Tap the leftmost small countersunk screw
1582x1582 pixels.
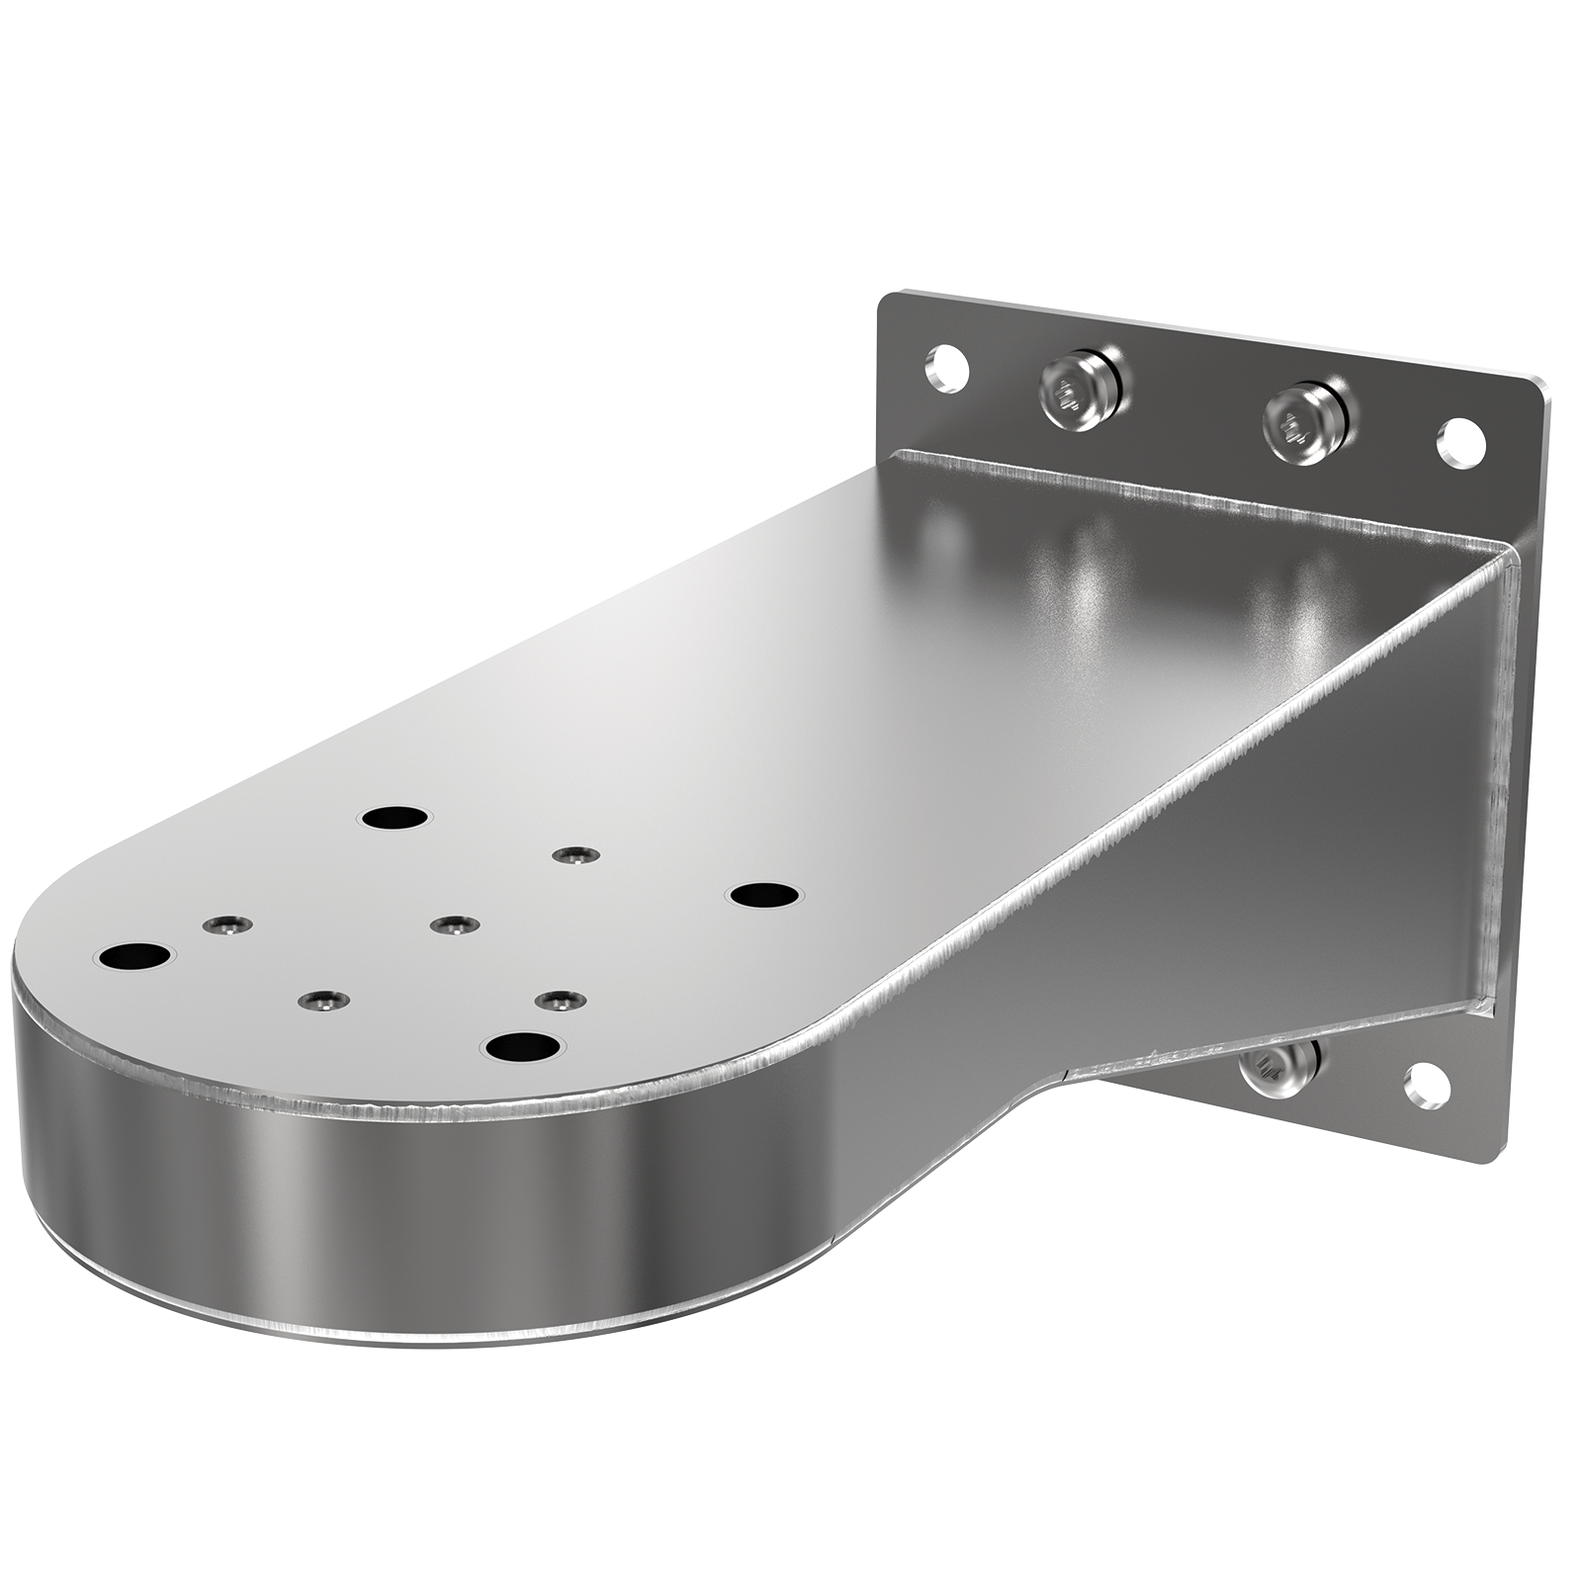point(226,924)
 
